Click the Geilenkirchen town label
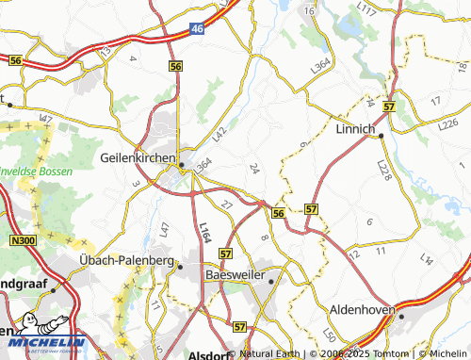point(139,160)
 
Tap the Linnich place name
point(355,129)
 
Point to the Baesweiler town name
point(232,274)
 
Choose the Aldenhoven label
point(363,309)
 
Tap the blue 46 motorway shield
point(196,29)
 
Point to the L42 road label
point(219,135)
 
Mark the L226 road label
point(448,123)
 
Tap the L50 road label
point(328,336)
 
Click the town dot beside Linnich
point(381,136)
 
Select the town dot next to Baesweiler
point(270,281)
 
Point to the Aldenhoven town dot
point(400,317)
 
